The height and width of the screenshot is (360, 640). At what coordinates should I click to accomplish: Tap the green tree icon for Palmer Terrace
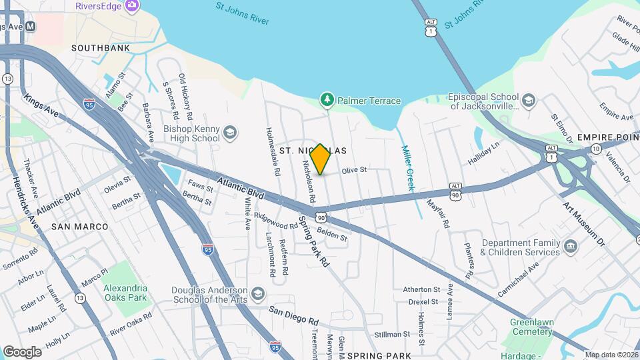[x=327, y=100]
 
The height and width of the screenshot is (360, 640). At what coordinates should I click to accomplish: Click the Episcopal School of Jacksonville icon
[x=529, y=101]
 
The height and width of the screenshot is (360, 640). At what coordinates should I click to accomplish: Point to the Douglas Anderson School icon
[x=258, y=294]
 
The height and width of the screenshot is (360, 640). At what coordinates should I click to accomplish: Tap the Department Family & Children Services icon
[x=571, y=247]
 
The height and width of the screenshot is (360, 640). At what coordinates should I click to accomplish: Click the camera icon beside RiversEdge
[x=131, y=5]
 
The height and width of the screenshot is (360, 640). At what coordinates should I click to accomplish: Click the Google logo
[x=21, y=351]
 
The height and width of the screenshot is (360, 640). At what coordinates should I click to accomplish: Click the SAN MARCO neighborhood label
[x=79, y=227]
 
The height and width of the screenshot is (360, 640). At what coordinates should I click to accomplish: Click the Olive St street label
[x=355, y=170]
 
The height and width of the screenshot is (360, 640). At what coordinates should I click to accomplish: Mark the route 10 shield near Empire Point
[x=595, y=148]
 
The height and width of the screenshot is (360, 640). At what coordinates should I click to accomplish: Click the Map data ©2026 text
[x=611, y=355]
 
